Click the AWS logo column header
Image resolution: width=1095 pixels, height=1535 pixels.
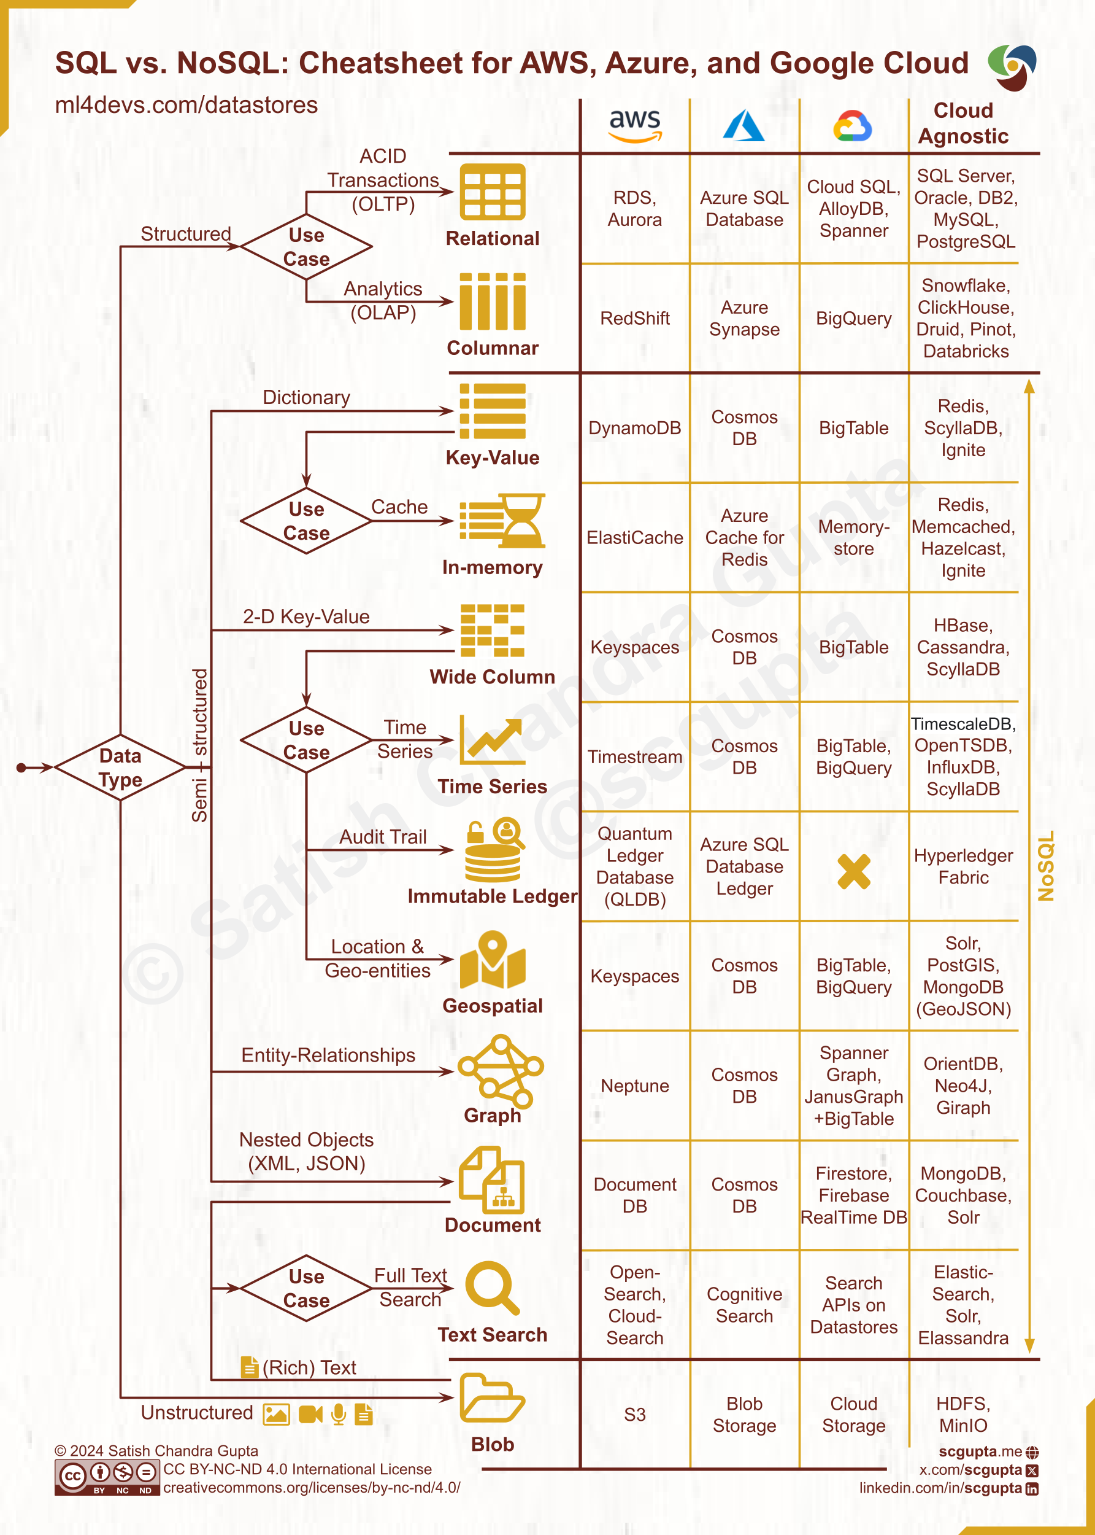click(634, 125)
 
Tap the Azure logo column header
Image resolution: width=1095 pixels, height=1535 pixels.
click(743, 125)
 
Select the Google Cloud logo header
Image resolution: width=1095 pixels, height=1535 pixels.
click(853, 125)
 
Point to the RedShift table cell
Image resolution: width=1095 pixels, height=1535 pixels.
click(634, 318)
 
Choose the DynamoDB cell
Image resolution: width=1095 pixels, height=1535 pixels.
click(634, 428)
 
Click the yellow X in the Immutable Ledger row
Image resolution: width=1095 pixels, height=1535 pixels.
click(854, 871)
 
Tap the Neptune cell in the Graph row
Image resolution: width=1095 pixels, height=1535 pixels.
click(634, 1086)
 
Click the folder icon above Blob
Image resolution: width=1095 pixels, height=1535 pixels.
click(492, 1398)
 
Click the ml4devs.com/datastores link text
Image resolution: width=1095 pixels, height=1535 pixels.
click(186, 105)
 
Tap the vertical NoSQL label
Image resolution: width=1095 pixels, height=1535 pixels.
click(1045, 866)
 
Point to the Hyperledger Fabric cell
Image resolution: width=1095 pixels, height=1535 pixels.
click(963, 866)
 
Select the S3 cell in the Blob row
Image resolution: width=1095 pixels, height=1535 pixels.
click(634, 1414)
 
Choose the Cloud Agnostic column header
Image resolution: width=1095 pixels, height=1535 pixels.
click(963, 123)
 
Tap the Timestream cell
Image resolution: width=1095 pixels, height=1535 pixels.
click(634, 757)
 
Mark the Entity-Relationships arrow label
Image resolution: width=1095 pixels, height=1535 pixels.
click(328, 1055)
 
